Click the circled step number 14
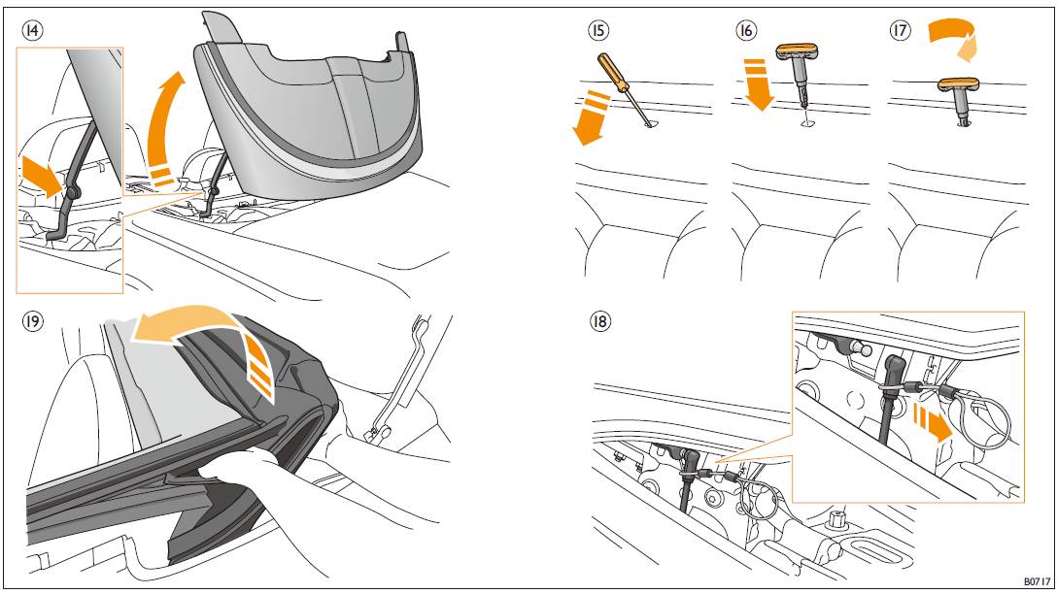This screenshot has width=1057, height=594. [32, 30]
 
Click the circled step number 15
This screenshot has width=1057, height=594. [597, 30]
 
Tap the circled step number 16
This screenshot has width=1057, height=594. [746, 30]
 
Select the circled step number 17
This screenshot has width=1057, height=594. [900, 30]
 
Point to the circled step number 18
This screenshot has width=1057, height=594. [599, 321]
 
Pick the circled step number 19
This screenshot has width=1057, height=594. [32, 321]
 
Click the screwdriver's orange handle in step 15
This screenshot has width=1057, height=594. [613, 73]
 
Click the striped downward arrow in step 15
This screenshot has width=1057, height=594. [591, 116]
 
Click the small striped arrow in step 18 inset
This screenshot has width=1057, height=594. [932, 420]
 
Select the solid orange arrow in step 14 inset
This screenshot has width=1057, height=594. [43, 176]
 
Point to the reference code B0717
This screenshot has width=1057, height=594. [1037, 581]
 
